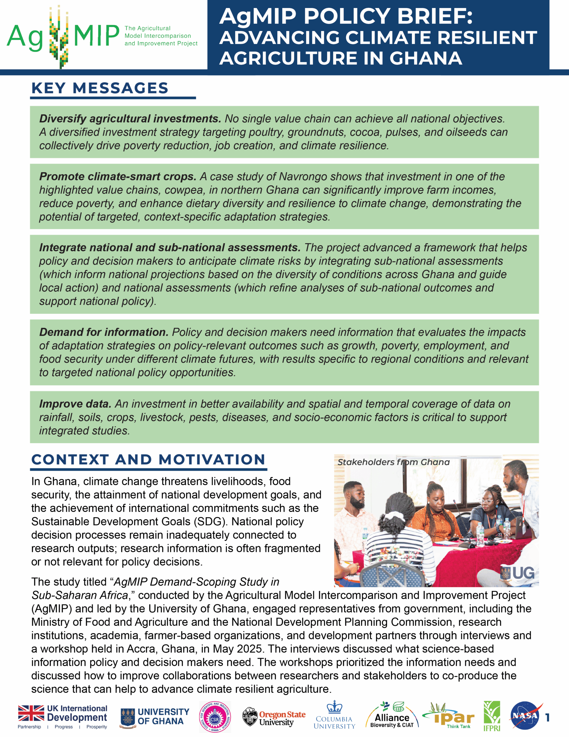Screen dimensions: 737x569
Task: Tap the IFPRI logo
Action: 492,716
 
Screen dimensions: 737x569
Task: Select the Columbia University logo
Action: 334,715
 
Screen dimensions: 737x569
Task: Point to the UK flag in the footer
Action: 31,713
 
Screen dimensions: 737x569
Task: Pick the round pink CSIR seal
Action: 215,717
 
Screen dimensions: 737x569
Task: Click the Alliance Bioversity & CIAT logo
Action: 392,716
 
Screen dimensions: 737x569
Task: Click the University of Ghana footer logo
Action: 155,717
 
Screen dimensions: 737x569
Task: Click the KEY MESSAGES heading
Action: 100,88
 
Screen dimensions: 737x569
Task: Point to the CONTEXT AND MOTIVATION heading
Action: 148,459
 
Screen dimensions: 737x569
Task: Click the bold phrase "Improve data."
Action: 75,404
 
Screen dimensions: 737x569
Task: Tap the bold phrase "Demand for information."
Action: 104,332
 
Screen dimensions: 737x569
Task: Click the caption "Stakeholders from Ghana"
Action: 393,462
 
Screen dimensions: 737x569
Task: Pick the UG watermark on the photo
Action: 518,573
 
